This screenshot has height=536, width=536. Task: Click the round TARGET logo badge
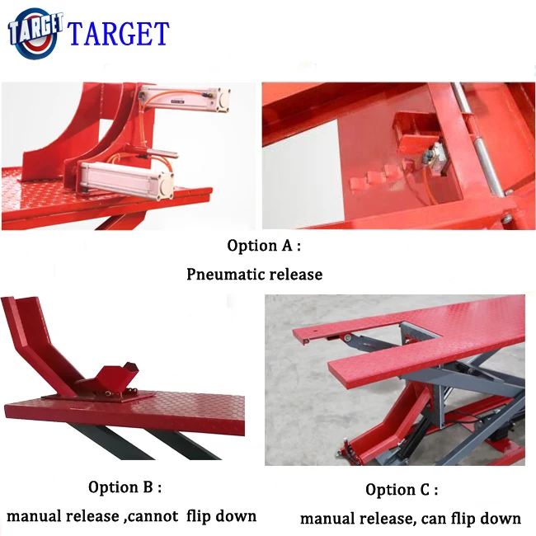[x=34, y=33]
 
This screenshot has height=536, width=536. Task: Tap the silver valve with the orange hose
[x=433, y=157]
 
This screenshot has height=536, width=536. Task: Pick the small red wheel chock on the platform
[x=115, y=381]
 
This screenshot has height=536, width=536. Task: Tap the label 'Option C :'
[x=402, y=490]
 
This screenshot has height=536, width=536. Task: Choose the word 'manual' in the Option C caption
[x=327, y=518]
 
